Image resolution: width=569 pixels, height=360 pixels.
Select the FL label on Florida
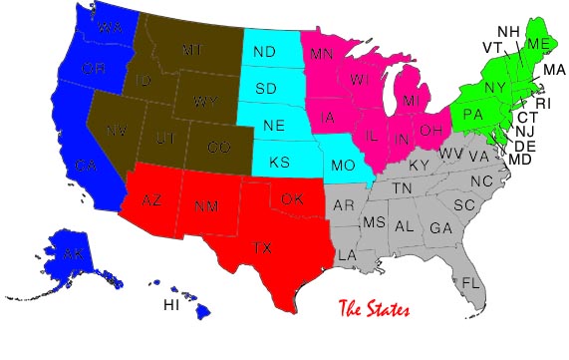(470, 282)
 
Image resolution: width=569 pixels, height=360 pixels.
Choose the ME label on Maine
(539, 44)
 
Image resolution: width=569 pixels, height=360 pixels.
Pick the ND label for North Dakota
(265, 52)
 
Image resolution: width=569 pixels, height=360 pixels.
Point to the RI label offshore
(542, 103)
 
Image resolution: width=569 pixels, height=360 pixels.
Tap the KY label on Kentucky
(420, 165)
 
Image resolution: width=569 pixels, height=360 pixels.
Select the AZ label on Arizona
(151, 200)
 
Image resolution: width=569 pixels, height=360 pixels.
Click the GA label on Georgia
(440, 227)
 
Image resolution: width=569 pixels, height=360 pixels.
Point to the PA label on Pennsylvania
(473, 115)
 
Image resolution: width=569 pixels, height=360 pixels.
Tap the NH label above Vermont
(508, 31)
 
